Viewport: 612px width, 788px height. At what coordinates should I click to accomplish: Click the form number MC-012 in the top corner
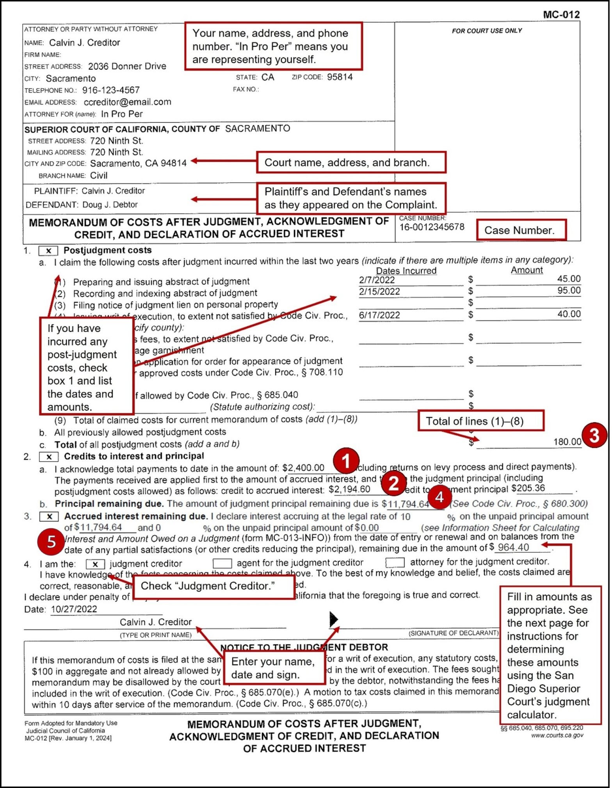tap(561, 14)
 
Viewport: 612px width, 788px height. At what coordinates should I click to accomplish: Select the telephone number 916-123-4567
tap(111, 90)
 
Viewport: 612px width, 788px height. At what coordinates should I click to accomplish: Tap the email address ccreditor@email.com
tap(127, 102)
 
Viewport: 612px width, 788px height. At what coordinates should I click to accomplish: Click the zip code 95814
tap(340, 77)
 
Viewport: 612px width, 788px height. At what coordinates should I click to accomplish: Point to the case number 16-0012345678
tap(432, 227)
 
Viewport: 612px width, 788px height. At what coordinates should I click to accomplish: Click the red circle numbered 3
tap(594, 435)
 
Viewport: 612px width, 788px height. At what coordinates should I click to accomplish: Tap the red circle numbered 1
tap(346, 461)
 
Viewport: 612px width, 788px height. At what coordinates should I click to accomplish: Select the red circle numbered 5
tap(51, 542)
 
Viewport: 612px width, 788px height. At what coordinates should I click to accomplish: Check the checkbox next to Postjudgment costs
tap(48, 251)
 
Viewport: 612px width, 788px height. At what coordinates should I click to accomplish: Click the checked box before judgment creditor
tap(95, 564)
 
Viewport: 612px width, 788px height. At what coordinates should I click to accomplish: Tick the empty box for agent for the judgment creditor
tap(222, 563)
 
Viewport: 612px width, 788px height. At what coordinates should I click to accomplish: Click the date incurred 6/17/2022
tap(379, 315)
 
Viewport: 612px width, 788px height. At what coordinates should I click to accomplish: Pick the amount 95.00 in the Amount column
tap(569, 291)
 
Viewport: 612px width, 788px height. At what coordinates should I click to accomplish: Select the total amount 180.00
tap(567, 442)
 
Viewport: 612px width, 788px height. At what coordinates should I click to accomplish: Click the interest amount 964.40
tap(513, 548)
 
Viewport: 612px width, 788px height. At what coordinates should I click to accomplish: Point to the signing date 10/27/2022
tap(74, 609)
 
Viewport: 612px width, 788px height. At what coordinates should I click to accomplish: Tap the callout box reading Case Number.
tap(521, 230)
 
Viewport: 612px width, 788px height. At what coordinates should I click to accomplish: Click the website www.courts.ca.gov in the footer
tap(557, 735)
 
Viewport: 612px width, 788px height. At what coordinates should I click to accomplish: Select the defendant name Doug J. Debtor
tap(110, 205)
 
